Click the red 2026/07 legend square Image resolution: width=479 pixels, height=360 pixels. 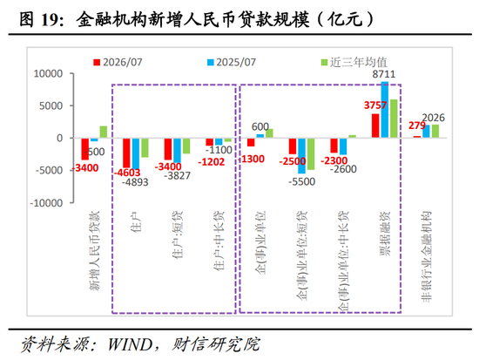click(x=97, y=63)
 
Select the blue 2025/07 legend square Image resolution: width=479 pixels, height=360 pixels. click(x=211, y=63)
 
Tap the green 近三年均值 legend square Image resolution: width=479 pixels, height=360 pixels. click(x=324, y=63)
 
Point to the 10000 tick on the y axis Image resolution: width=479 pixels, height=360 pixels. click(x=48, y=74)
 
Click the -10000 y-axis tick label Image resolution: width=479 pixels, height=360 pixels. click(x=46, y=203)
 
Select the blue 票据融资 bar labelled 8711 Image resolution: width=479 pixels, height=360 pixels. click(x=385, y=110)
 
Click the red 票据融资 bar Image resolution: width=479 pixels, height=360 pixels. click(x=375, y=126)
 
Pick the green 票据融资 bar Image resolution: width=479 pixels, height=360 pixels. click(x=394, y=119)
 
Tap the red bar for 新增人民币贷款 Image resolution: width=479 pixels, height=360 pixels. click(x=85, y=149)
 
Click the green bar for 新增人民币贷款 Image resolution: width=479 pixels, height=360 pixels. click(x=104, y=132)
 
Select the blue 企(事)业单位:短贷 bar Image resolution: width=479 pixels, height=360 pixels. click(x=302, y=156)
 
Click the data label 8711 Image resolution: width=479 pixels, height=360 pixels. click(x=384, y=74)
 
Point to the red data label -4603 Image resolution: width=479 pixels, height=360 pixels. click(x=127, y=173)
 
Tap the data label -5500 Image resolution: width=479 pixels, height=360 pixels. click(x=302, y=181)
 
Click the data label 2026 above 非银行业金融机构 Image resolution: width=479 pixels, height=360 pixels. click(x=433, y=118)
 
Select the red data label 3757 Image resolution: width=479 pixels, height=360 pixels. click(x=375, y=105)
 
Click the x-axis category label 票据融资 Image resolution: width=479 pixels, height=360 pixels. click(x=385, y=234)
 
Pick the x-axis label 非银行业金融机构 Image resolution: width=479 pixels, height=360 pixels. click(x=426, y=256)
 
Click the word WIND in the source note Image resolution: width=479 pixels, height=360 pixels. click(x=130, y=344)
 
